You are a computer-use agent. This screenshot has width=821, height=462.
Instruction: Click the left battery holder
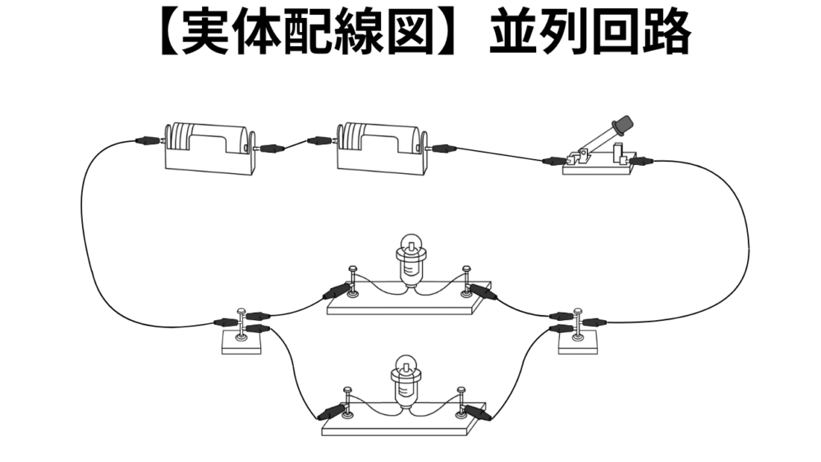209,149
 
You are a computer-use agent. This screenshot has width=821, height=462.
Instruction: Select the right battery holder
381,149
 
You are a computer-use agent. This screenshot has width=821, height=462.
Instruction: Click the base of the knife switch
597,167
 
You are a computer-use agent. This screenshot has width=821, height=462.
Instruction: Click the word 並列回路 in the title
589,34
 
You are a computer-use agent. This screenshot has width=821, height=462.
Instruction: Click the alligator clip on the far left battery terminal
148,141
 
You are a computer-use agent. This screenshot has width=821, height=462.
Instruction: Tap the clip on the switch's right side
642,162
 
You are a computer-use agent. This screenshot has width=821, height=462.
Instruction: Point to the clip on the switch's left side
555,160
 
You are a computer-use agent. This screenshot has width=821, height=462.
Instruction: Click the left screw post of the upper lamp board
352,279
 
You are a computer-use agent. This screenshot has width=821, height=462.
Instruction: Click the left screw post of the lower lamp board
347,399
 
